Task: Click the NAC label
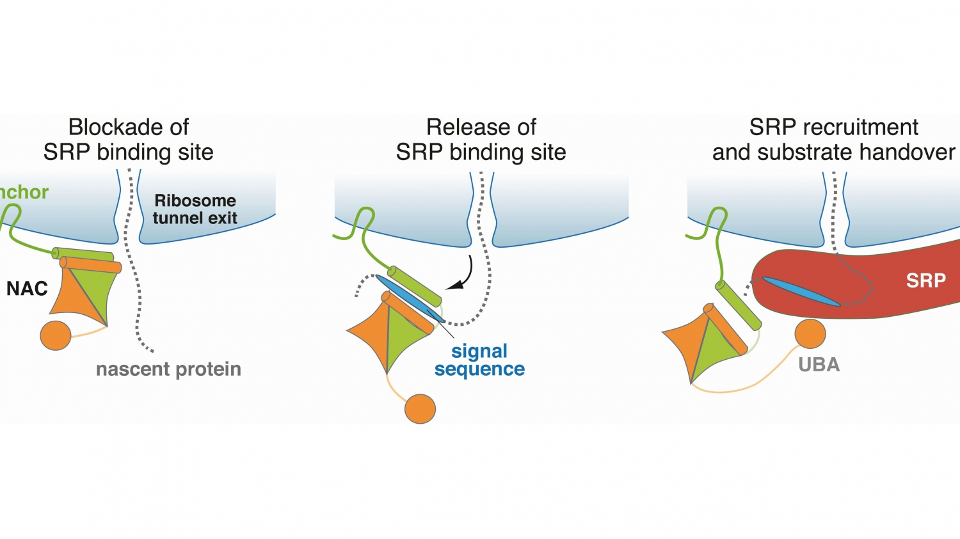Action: (x=27, y=289)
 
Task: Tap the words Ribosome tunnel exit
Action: (x=195, y=209)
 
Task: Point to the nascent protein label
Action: (x=168, y=369)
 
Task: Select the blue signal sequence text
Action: (x=479, y=360)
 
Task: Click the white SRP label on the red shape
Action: (x=925, y=280)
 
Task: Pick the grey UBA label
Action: (x=819, y=365)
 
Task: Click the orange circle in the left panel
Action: (x=56, y=335)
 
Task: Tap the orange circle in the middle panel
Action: (x=420, y=409)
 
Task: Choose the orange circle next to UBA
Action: (x=810, y=334)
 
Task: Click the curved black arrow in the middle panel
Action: (x=465, y=275)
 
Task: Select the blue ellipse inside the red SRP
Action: (x=801, y=291)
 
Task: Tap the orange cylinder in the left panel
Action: (x=90, y=264)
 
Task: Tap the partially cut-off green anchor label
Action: (x=24, y=192)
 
